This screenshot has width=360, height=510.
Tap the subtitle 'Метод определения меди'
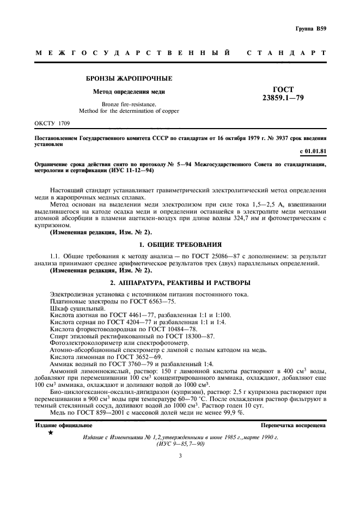pos(129,92)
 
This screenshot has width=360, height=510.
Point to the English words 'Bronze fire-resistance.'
pos(129,104)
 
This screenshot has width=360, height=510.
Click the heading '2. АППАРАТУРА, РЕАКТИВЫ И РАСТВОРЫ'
pos(180,283)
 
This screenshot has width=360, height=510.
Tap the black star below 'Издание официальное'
pos(51,433)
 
